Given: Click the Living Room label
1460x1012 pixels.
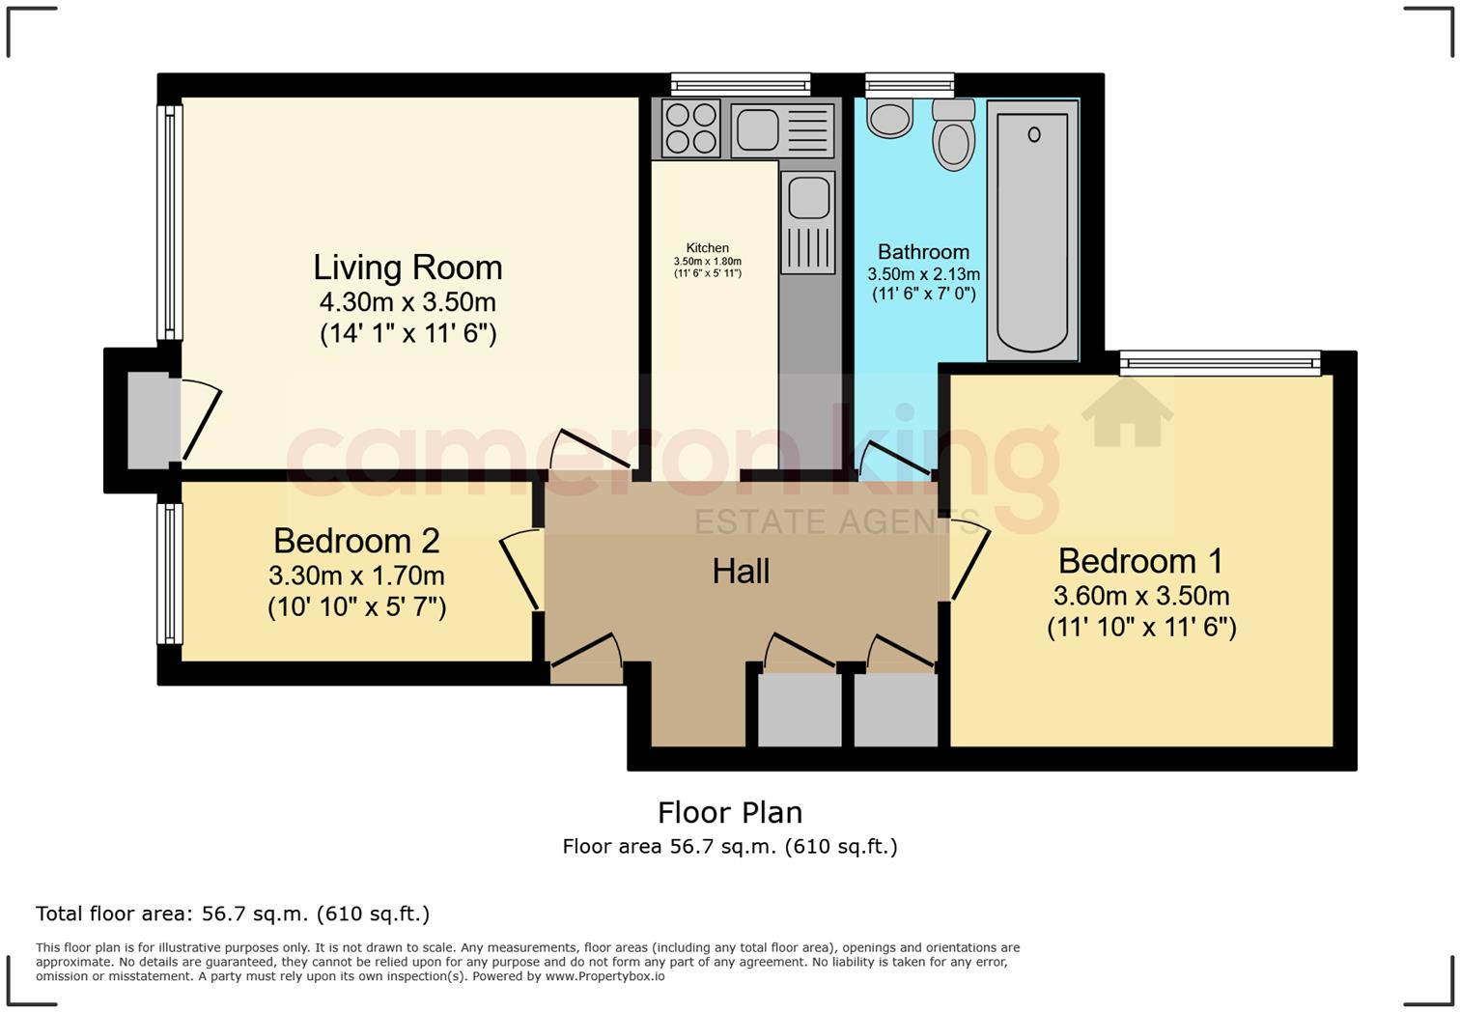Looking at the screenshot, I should coord(407,267).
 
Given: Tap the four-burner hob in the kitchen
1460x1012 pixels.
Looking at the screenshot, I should coord(691,128).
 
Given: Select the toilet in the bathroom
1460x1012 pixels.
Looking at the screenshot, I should coord(954,135).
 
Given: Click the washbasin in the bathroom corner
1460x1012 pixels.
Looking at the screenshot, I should coord(889,118).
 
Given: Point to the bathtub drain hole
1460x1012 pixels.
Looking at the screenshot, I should coord(1033,135).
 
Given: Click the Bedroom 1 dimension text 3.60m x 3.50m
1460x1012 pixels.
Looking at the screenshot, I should coord(1140,596).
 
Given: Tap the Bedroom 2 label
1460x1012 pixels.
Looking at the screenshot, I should coord(356,541).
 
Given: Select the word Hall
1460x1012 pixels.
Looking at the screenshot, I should coord(741,572).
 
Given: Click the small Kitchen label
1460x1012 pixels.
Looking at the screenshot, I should coord(708,248).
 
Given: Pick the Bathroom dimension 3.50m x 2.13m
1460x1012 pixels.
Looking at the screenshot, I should coord(923,274).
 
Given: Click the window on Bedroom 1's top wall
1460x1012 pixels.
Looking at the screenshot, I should coord(1220,363).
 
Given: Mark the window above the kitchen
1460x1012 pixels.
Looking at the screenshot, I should coord(741,85).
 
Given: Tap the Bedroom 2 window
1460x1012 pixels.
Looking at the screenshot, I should coord(170,574).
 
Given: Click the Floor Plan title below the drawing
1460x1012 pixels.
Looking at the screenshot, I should coord(730,813).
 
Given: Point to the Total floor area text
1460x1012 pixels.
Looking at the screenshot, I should coord(232,914).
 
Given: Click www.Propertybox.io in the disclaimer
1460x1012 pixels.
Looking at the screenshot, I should coord(604,976).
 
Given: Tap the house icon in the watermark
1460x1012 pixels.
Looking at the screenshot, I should coord(1127,412).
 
